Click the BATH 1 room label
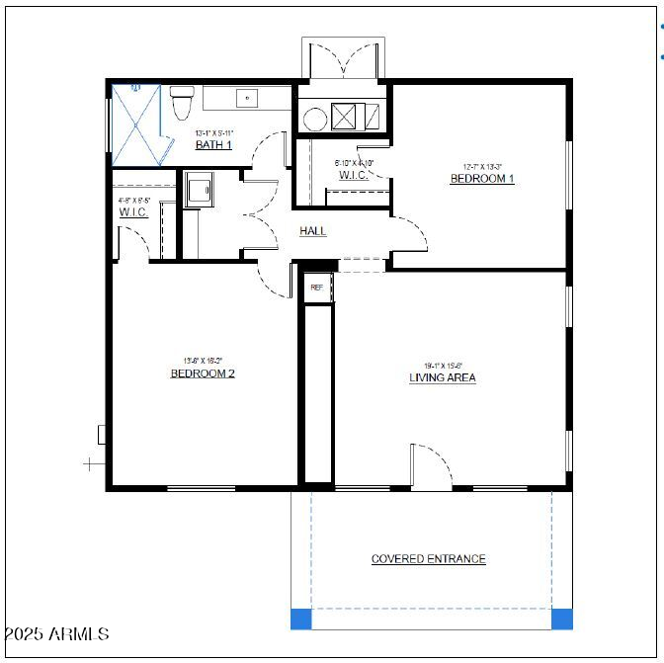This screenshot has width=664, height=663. tap(213, 145)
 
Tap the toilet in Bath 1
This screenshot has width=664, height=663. tap(182, 103)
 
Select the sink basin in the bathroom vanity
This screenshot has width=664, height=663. tap(245, 98)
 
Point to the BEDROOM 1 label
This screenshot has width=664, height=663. tap(482, 179)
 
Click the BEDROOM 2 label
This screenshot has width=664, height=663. tap(203, 373)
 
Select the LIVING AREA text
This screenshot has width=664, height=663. tap(443, 377)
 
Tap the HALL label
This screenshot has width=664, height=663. tap(313, 231)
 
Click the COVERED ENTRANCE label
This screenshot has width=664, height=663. tap(428, 559)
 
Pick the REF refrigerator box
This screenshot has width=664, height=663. tap(316, 287)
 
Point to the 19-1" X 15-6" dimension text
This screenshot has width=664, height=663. tap(444, 365)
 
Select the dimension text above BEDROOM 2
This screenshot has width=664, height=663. tap(203, 361)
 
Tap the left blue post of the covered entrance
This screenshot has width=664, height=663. tap(300, 620)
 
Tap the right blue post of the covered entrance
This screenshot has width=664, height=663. tap(561, 620)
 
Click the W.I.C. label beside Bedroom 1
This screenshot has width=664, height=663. tap(353, 175)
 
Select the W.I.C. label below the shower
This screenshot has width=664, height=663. tap(133, 212)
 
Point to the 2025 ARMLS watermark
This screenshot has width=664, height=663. tap(56, 633)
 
